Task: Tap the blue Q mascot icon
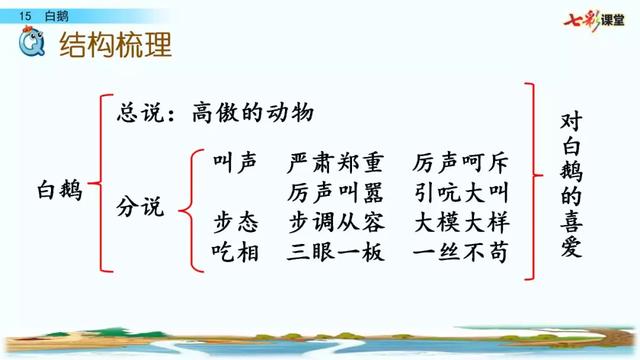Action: point(33,43)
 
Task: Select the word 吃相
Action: point(236,253)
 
